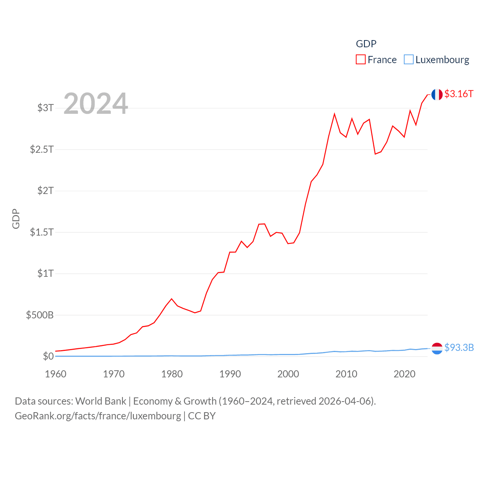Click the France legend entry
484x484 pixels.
point(376,60)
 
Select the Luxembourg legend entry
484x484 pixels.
point(437,60)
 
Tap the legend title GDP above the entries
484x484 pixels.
point(366,44)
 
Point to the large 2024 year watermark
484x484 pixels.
point(96,103)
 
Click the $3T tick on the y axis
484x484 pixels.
point(45,108)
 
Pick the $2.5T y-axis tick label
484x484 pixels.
point(42,149)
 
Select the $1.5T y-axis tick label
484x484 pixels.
point(42,232)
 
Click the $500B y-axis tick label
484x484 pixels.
point(40,315)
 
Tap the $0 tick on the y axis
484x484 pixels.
point(48,356)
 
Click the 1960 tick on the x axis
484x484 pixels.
point(56,374)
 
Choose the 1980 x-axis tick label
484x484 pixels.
point(172,374)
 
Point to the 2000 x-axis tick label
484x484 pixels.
point(288,374)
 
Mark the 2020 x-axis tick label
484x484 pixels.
point(404,374)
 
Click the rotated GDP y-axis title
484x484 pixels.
point(16,219)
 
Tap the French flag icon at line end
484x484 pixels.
point(437,95)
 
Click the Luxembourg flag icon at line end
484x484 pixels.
point(437,348)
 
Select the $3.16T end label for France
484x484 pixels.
point(459,94)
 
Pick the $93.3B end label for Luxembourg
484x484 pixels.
point(459,347)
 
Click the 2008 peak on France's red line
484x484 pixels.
point(334,114)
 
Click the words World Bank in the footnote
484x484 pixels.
point(101,401)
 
